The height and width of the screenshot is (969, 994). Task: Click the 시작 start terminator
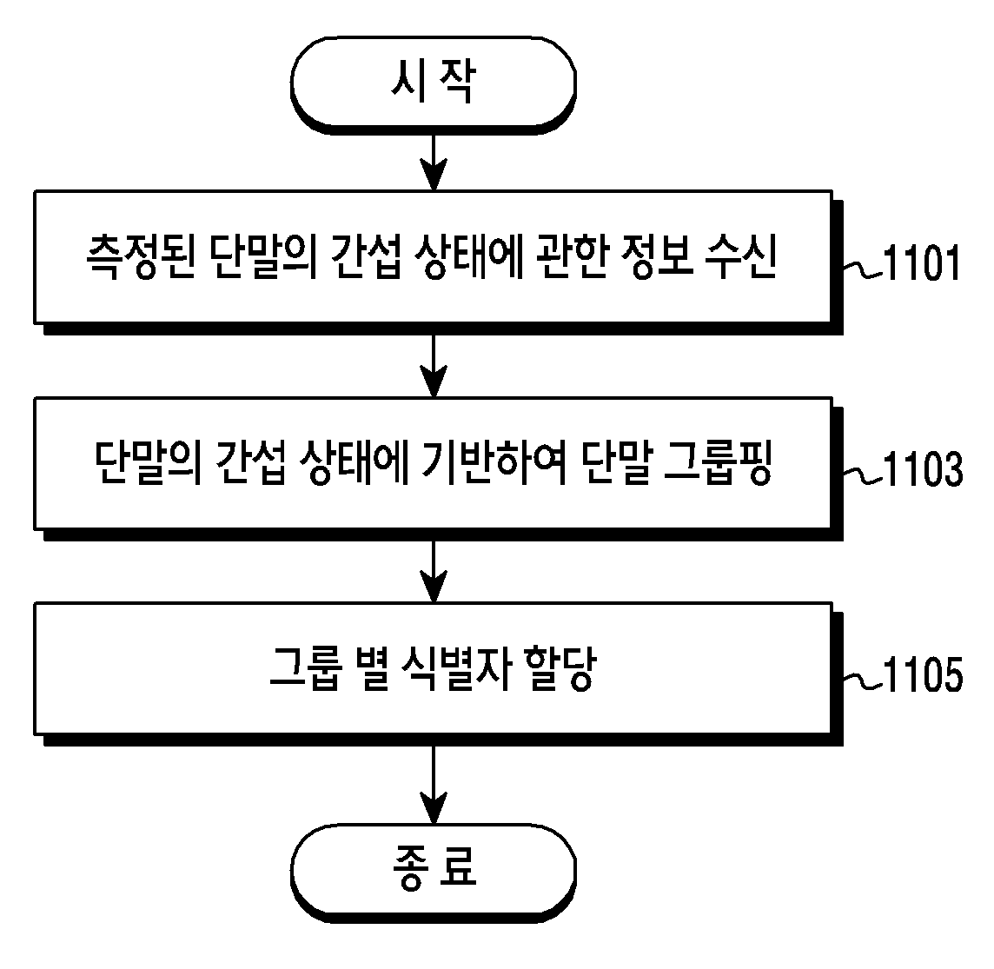pos(434,85)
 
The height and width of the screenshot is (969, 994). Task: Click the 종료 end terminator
pos(434,873)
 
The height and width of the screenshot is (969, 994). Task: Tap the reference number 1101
pos(922,263)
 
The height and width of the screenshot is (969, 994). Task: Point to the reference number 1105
pos(923,674)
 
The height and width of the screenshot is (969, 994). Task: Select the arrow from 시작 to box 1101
pos(434,162)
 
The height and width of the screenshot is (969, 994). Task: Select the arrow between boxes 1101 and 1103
pos(434,366)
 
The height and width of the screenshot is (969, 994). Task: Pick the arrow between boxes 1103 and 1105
pos(434,571)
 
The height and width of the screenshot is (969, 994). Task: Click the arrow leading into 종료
pos(434,785)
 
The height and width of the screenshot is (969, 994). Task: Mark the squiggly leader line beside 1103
pos(864,475)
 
